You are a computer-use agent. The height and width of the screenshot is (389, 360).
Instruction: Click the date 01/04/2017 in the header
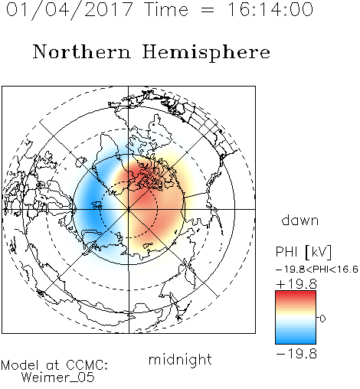tap(69, 10)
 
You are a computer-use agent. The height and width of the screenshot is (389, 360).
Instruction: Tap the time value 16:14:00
tap(270, 9)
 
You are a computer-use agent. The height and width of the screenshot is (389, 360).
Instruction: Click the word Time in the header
tap(166, 9)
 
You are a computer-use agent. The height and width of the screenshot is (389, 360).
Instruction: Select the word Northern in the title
tap(82, 51)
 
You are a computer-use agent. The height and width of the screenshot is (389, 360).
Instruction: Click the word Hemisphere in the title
tap(206, 53)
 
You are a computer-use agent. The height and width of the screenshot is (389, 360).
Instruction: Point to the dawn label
tap(300, 220)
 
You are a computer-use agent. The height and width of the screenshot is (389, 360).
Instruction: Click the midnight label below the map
tap(180, 359)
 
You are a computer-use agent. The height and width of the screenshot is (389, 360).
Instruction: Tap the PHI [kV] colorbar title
tap(303, 252)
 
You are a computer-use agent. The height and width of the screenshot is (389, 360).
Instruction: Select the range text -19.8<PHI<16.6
tap(317, 269)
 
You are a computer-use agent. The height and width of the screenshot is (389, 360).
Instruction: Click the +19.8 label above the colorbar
tap(296, 284)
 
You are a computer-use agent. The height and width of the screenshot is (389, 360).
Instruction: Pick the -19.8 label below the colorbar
tap(296, 354)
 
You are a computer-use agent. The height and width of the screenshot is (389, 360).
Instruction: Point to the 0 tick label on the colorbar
tap(322, 319)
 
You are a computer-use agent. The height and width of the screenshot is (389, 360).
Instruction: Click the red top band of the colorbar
tap(296, 294)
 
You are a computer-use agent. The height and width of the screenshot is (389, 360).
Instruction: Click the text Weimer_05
tap(58, 378)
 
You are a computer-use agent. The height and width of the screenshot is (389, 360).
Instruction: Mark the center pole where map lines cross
tap(129, 209)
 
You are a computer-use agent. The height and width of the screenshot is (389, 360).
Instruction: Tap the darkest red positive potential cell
tap(141, 176)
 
